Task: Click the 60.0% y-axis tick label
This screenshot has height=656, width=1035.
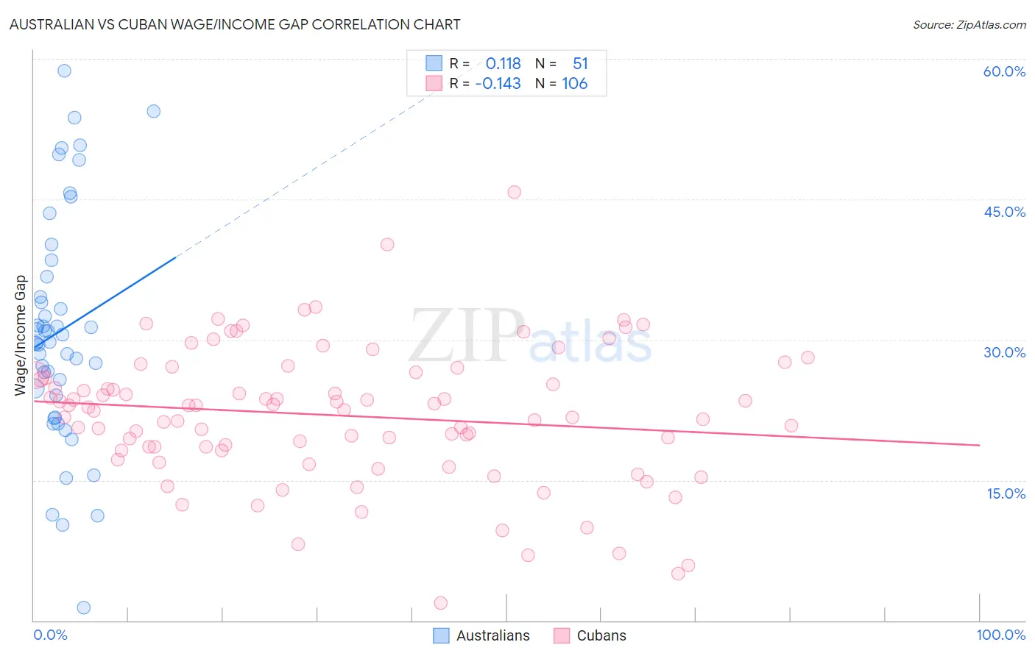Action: tap(1004, 71)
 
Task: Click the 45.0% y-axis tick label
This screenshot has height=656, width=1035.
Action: tap(1004, 212)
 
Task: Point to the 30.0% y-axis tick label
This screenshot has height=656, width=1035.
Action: tap(1004, 352)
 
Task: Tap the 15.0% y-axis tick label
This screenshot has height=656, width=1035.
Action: tap(1006, 493)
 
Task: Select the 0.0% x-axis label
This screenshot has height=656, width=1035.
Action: tap(50, 635)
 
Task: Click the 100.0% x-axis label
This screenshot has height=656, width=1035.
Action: tap(1000, 635)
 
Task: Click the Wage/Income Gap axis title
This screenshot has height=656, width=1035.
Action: tap(20, 335)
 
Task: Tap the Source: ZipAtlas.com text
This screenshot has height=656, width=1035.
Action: tap(969, 24)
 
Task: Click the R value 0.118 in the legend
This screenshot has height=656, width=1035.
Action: tap(503, 64)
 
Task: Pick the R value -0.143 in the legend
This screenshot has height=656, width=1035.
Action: tap(498, 84)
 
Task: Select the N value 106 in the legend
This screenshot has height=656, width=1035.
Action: tap(574, 84)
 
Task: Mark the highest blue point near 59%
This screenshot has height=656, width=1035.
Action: tap(64, 71)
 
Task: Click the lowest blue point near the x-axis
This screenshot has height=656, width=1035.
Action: tap(84, 607)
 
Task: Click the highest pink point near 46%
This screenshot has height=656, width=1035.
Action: tap(514, 192)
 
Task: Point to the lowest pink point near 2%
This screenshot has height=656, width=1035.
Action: tap(441, 603)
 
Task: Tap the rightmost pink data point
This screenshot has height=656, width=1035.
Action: tap(808, 357)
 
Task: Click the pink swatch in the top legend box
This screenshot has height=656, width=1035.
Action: tap(434, 83)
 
